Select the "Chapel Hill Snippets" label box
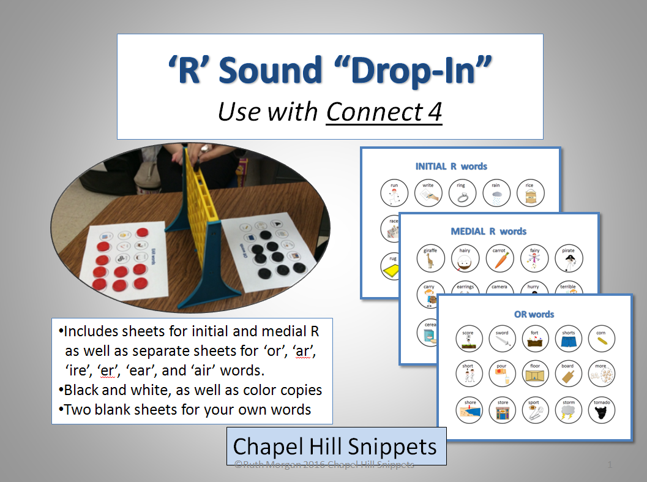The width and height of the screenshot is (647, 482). [x=336, y=446]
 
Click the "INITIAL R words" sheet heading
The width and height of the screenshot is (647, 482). [x=451, y=166]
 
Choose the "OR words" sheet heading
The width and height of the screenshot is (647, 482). [x=534, y=314]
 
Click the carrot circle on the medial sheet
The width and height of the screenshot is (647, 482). [x=499, y=258]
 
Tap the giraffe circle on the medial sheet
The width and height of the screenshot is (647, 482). [x=430, y=258]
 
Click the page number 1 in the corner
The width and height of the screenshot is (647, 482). [x=610, y=465]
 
